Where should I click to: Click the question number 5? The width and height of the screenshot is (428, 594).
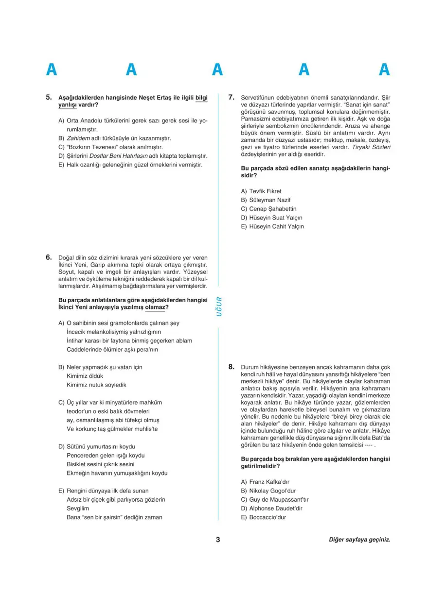click(49, 97)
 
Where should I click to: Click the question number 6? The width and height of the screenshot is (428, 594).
click(49, 257)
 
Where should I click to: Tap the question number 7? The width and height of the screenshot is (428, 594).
click(232, 97)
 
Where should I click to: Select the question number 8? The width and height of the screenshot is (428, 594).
click(232, 367)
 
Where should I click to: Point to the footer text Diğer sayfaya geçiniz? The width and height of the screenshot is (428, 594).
click(359, 540)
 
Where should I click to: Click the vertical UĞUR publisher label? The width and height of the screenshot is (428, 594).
click(219, 306)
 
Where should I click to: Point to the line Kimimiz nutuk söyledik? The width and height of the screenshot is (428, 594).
click(96, 385)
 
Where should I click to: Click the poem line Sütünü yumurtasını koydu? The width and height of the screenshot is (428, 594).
click(101, 446)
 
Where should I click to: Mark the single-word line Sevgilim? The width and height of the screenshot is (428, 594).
click(78, 508)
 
